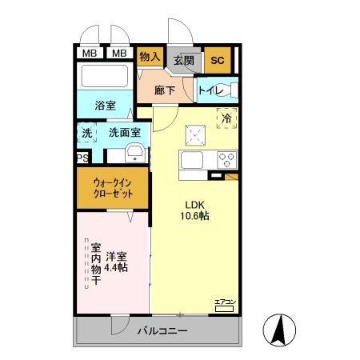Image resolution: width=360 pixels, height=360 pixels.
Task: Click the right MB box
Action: coord(118,54)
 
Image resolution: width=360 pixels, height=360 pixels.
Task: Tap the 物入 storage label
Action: coord(150,57)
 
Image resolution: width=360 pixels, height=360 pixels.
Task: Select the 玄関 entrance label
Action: coord(184,59)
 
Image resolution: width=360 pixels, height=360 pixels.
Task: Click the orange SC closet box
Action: coord(216,58)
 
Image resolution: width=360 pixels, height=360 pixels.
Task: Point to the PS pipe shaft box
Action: coord(82,158)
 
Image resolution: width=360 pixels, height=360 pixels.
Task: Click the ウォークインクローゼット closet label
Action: coord(112,190)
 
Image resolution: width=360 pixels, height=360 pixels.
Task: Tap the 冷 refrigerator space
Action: coord(226,117)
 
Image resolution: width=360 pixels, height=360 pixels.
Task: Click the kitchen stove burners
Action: coord(225,158)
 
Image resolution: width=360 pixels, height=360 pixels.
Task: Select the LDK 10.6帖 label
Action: coord(193,210)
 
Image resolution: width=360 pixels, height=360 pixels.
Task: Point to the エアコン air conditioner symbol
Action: coord(224,302)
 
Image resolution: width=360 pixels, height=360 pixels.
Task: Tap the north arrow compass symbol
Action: coord(280,328)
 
